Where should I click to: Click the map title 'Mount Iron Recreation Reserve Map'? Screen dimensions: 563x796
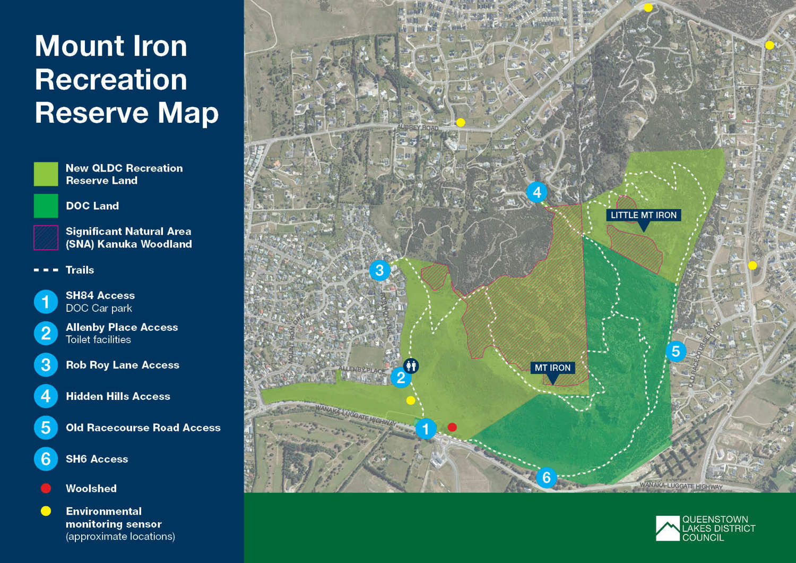[x=126, y=79]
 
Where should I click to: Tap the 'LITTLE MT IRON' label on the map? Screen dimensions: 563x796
[x=643, y=215]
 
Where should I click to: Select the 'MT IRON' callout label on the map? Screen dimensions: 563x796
[x=552, y=368]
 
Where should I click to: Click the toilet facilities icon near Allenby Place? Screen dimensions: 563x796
[x=411, y=365]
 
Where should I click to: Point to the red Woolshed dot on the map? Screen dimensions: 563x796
[x=452, y=427]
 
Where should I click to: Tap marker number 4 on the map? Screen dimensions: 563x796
[x=537, y=192]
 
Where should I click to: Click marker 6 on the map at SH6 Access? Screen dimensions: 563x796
[x=546, y=477]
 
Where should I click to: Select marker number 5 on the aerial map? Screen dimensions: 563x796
[x=676, y=351]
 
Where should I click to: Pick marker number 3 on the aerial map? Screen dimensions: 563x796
[x=379, y=270]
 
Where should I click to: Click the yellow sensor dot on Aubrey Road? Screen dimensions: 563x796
[x=461, y=123]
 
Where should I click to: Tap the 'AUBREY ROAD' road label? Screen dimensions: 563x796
[x=418, y=127]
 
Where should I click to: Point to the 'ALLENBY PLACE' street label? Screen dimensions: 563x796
[x=362, y=369]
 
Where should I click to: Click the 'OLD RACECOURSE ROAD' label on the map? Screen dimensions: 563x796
[x=704, y=354]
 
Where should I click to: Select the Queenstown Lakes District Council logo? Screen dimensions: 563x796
[x=705, y=528]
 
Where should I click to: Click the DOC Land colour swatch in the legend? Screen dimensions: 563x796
[x=46, y=206]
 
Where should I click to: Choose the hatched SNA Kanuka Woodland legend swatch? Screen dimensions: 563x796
[x=46, y=237]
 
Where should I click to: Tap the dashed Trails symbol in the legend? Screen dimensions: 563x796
[x=46, y=270]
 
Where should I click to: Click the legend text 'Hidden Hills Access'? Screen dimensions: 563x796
[x=118, y=396]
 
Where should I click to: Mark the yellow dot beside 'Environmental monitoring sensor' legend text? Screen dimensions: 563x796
[x=46, y=511]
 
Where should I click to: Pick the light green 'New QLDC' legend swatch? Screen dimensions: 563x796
[x=46, y=174]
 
